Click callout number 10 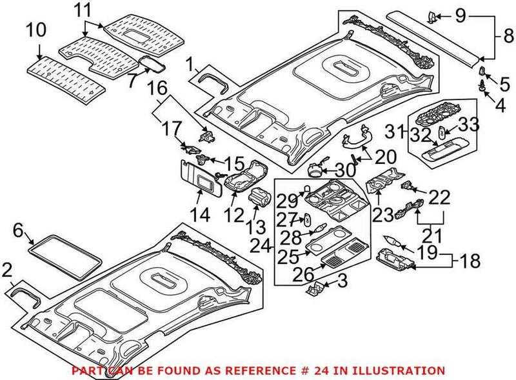point(37,30)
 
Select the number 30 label point(346,170)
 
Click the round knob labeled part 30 point(317,170)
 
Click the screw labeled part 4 point(481,85)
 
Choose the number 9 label point(461,14)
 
